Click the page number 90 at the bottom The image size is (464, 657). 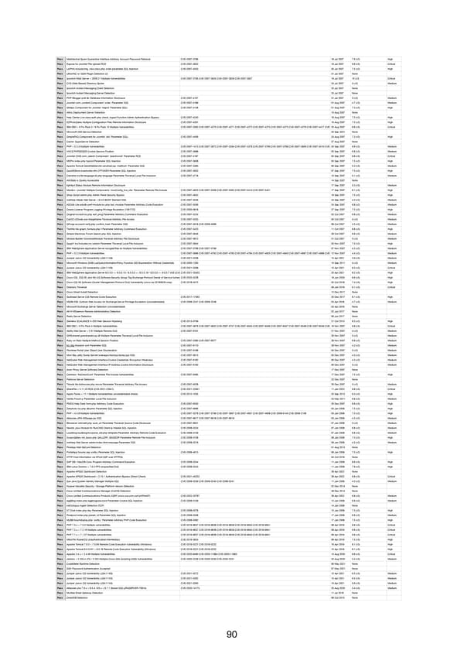pyautogui.click(x=232, y=636)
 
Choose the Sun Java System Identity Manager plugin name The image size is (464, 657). pyautogui.click(x=101, y=481)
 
